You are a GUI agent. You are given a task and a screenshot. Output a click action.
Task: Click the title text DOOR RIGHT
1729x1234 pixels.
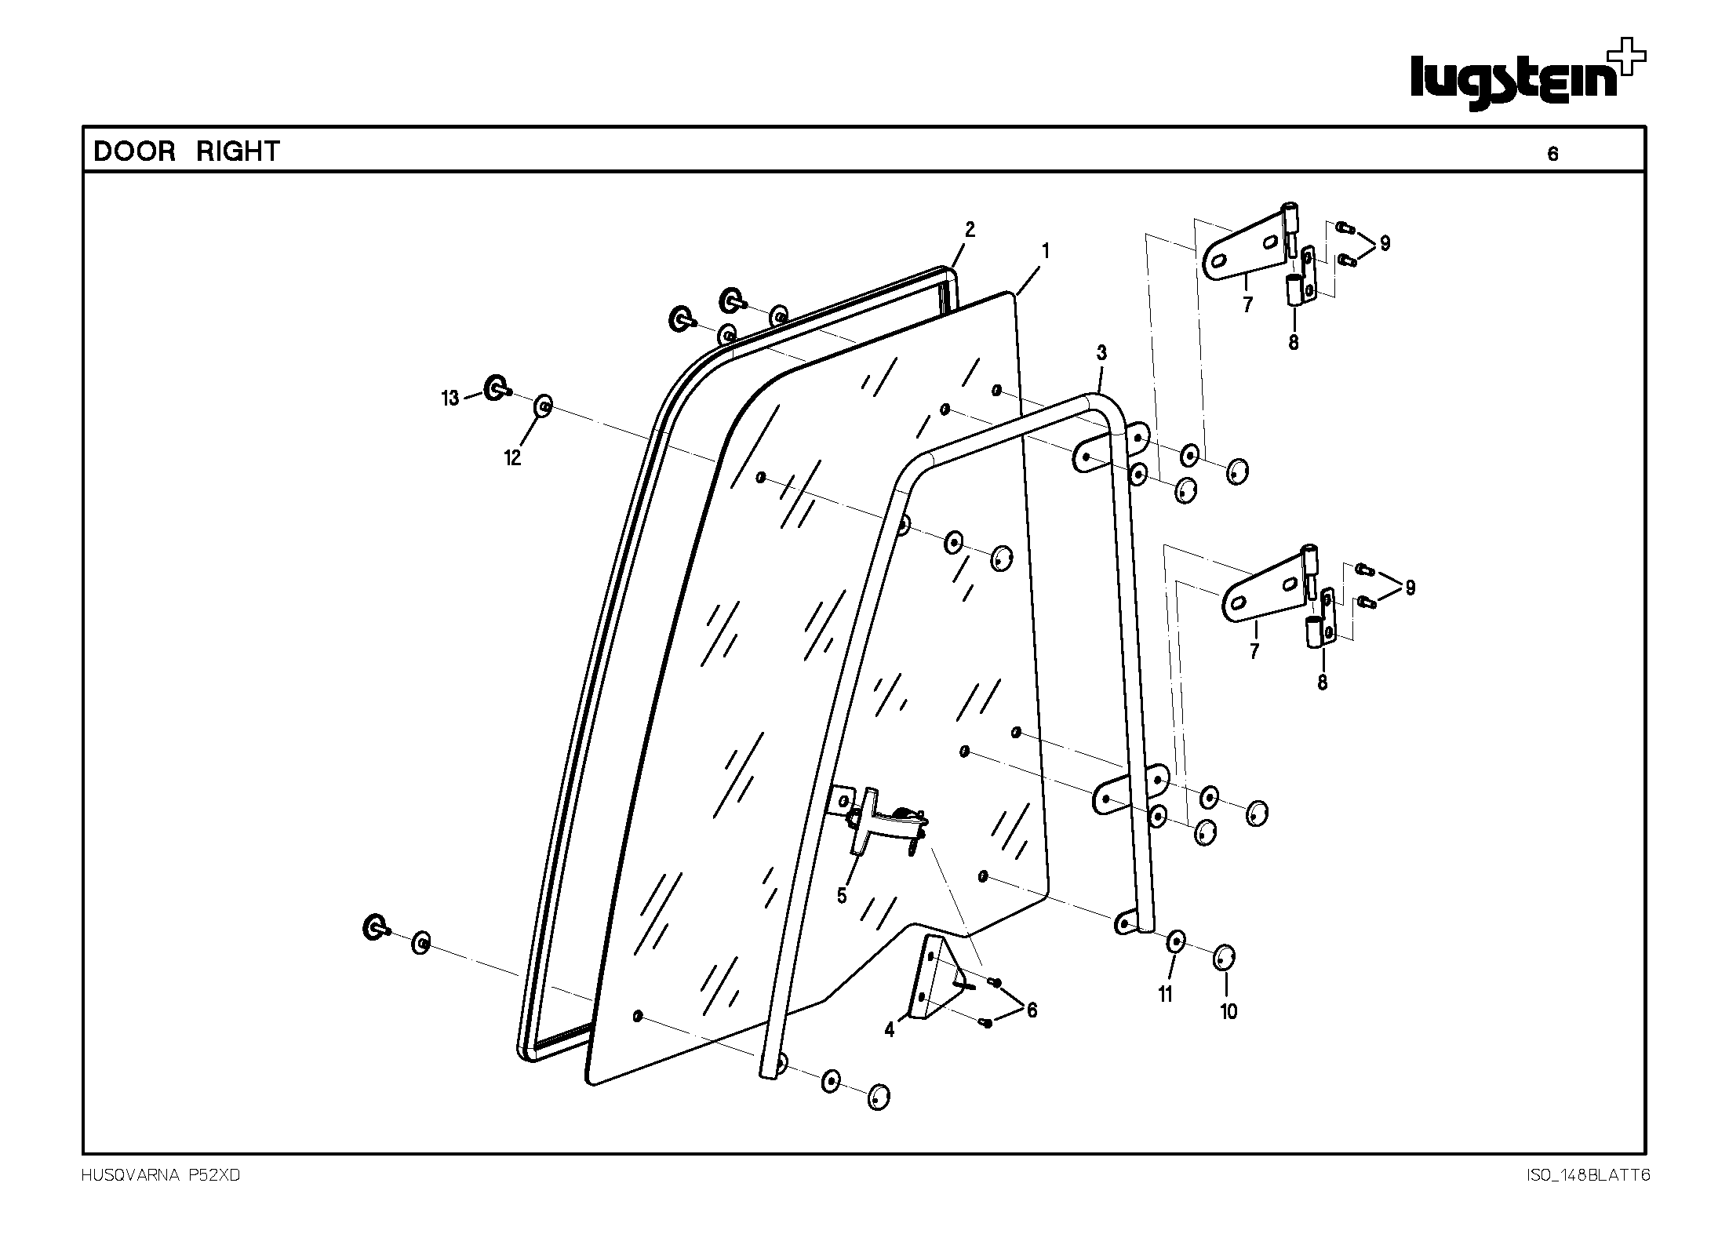tap(187, 151)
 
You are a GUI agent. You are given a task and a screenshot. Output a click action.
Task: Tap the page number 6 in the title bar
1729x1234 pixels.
tap(1552, 155)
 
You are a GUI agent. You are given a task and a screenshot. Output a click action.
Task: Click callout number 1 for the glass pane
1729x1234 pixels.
tap(1045, 251)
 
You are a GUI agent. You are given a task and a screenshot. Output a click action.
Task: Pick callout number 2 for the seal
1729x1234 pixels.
tap(970, 230)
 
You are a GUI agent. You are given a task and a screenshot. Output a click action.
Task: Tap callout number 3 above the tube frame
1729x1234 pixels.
tap(1101, 353)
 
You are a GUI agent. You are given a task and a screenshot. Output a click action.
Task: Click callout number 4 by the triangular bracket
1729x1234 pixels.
tap(889, 1030)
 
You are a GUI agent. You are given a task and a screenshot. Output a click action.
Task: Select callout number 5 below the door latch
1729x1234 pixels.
tap(842, 895)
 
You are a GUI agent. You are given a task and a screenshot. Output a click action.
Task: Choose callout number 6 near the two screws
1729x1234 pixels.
tap(1032, 1010)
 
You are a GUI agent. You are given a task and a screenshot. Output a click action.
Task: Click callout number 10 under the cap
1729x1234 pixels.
tap(1228, 1012)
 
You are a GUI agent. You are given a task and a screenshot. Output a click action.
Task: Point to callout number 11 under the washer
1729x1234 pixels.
tap(1165, 994)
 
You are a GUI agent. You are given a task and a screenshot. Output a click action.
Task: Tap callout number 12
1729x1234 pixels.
tap(512, 458)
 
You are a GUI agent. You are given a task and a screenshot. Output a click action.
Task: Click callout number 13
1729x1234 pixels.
tap(450, 399)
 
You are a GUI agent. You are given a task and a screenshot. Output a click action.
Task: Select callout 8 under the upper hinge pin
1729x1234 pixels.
tap(1293, 342)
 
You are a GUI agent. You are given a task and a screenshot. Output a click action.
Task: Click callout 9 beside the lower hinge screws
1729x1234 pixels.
tap(1410, 588)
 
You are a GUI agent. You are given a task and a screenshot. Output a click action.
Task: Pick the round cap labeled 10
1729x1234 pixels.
tap(1224, 958)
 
